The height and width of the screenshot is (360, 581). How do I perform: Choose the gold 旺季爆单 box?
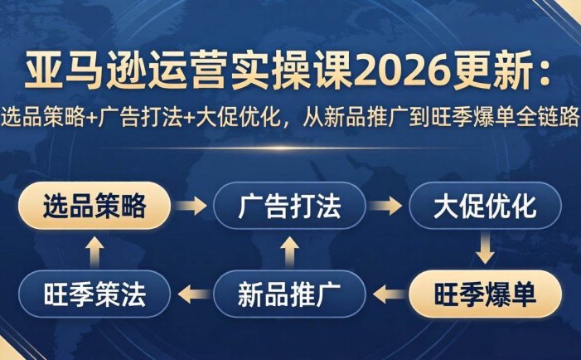[485, 292]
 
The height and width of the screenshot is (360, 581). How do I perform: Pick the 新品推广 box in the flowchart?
[289, 292]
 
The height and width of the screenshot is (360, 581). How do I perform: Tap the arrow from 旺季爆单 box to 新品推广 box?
[387, 292]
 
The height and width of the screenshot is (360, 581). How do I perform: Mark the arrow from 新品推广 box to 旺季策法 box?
[191, 292]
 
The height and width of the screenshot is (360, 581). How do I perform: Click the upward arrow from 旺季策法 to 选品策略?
[94, 249]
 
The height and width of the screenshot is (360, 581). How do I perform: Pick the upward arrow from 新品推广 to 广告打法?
[289, 249]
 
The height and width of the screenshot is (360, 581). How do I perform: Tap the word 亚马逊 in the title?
[71, 75]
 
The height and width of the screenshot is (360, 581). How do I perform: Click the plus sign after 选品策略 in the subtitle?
[90, 118]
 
